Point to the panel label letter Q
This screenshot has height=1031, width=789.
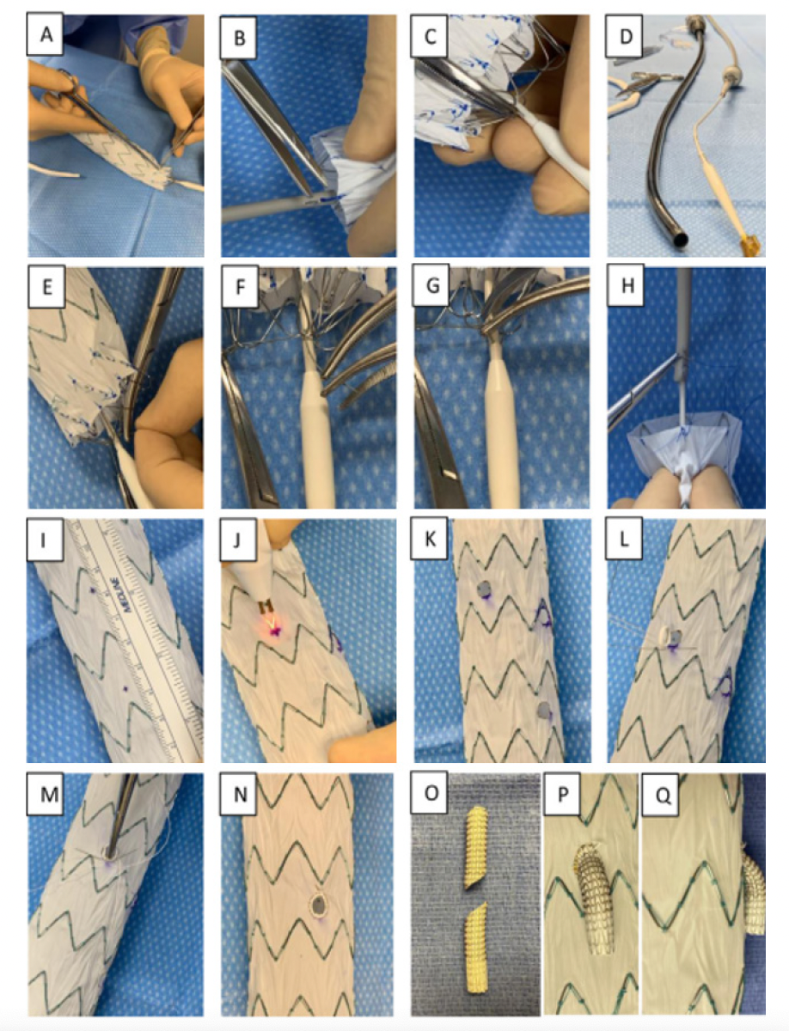[x=664, y=796]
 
